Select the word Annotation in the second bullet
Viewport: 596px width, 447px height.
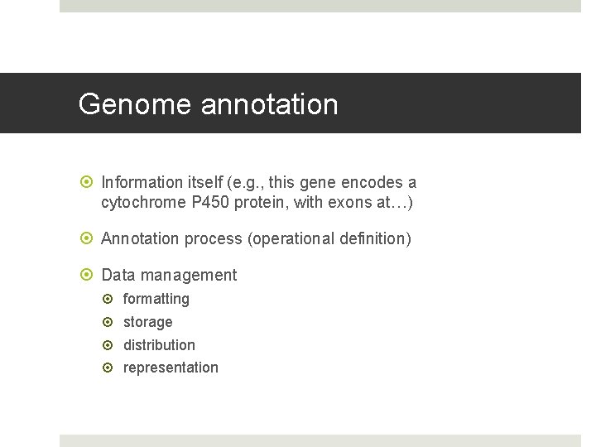tap(140, 238)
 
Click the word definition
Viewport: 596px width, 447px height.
tap(371, 238)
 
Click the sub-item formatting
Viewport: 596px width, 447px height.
tap(156, 299)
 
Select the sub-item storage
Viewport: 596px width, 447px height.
tap(148, 322)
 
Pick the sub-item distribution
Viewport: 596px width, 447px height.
tap(159, 345)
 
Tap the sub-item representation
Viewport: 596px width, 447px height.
tap(171, 368)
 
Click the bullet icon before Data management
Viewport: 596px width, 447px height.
tap(89, 275)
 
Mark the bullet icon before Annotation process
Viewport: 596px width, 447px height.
tap(89, 238)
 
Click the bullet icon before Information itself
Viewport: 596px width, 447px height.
tap(89, 182)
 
